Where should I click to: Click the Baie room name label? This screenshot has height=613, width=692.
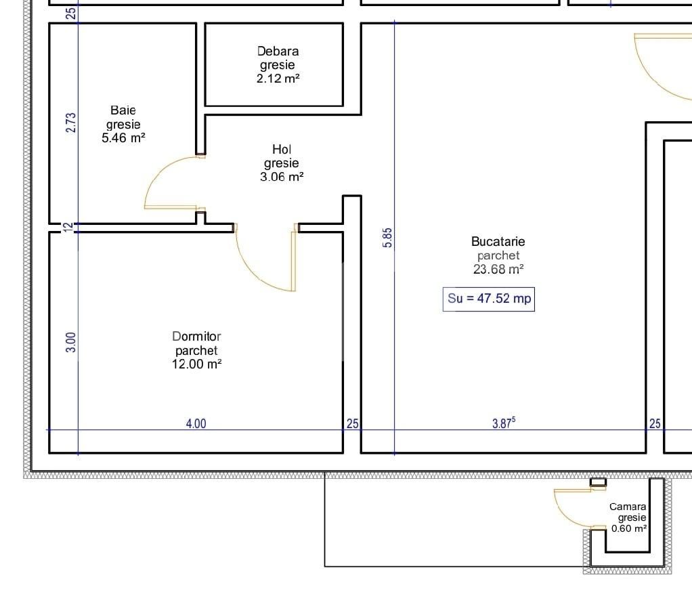click(x=123, y=110)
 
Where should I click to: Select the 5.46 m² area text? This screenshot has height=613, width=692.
click(x=123, y=138)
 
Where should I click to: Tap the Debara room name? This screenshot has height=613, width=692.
click(x=278, y=51)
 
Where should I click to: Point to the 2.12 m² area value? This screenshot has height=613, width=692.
click(x=278, y=79)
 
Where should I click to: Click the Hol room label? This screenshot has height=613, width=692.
click(x=282, y=149)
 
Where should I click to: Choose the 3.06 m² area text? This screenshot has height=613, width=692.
click(x=282, y=177)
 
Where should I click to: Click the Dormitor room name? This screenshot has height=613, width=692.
click(x=196, y=336)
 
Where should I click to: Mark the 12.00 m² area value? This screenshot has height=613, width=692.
click(x=196, y=364)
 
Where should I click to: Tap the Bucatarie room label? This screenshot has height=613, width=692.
click(x=498, y=241)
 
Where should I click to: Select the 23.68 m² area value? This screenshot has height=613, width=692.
click(x=498, y=269)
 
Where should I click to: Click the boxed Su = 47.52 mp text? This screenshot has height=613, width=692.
click(x=489, y=299)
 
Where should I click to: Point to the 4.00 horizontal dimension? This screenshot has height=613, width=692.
click(x=196, y=424)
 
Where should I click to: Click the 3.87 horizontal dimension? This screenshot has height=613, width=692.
click(x=503, y=424)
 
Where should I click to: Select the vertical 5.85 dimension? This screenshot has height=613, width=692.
click(x=387, y=238)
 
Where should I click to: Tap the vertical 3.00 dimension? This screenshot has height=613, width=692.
click(x=72, y=341)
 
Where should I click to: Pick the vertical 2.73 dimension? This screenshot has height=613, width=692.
click(x=72, y=123)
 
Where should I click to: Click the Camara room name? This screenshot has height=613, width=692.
click(x=628, y=507)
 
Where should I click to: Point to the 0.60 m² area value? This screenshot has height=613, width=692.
click(x=629, y=528)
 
